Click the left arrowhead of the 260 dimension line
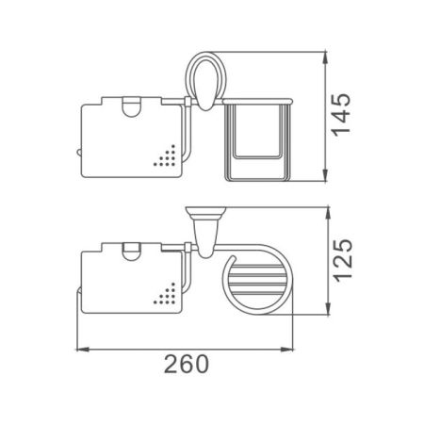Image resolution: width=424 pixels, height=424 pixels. tap(77, 351)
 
